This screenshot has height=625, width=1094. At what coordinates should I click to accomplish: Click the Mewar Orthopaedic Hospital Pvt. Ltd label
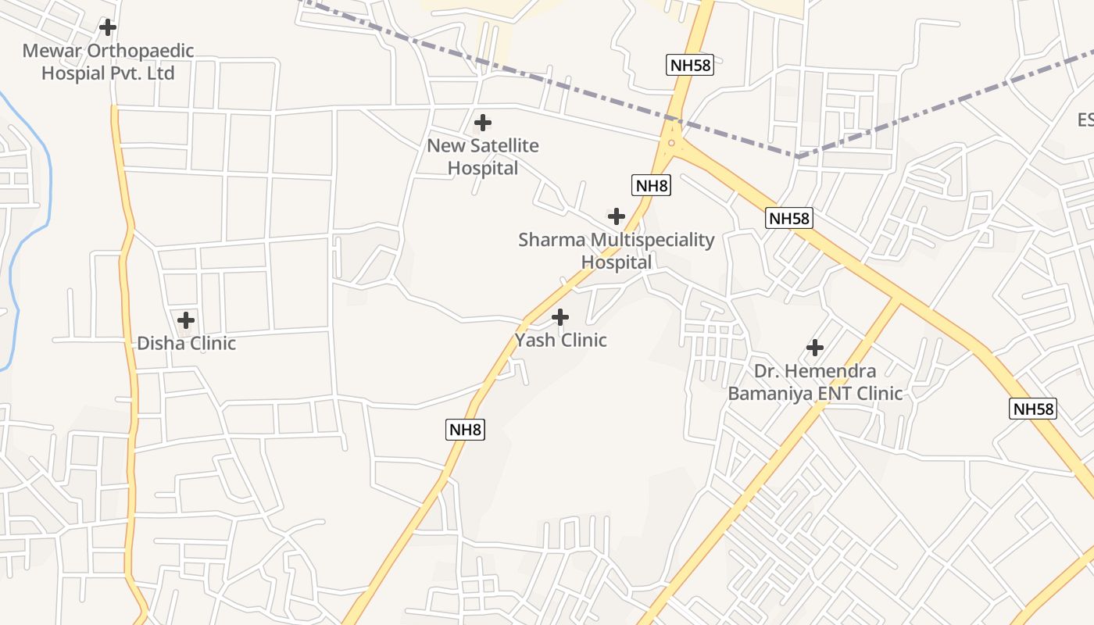point(108,62)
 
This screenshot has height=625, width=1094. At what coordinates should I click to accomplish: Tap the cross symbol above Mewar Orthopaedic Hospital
point(108,27)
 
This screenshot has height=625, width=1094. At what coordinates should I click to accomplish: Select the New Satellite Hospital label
point(483,157)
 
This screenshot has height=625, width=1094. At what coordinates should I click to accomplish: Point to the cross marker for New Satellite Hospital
point(483,123)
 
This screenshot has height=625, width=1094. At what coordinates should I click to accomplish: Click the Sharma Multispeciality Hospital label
point(617,251)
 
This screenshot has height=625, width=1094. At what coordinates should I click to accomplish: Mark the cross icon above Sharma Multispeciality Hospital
point(617,216)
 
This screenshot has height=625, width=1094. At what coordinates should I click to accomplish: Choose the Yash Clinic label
point(560,341)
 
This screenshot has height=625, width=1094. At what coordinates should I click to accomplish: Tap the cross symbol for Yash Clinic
point(560,317)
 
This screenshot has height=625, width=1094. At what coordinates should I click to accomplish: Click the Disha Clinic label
point(186,344)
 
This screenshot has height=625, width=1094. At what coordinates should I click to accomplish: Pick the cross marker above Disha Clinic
point(186,320)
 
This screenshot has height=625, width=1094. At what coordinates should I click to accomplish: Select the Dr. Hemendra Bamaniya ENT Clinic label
point(815,382)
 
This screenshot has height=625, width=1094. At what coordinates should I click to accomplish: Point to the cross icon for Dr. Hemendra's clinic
point(815,347)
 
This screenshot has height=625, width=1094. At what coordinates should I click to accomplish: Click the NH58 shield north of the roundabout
point(690,65)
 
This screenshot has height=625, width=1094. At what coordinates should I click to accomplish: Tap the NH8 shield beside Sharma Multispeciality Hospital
point(651,185)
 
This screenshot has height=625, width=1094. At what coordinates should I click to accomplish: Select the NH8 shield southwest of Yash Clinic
point(466,429)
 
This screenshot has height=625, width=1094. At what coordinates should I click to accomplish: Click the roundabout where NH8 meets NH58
point(671,143)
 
